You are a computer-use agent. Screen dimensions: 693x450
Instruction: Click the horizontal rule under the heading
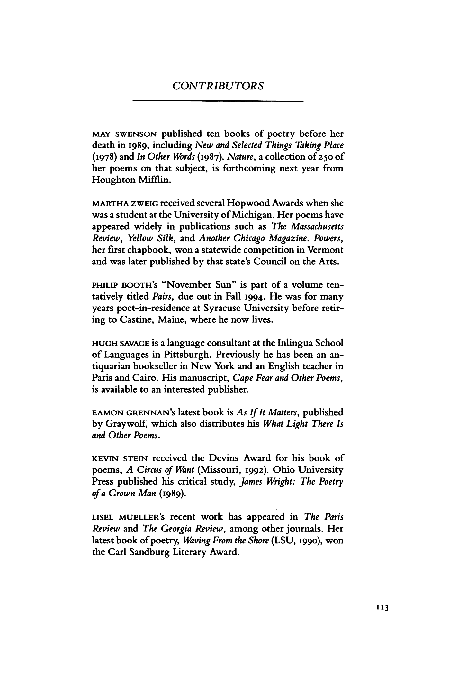[x=218, y=102]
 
